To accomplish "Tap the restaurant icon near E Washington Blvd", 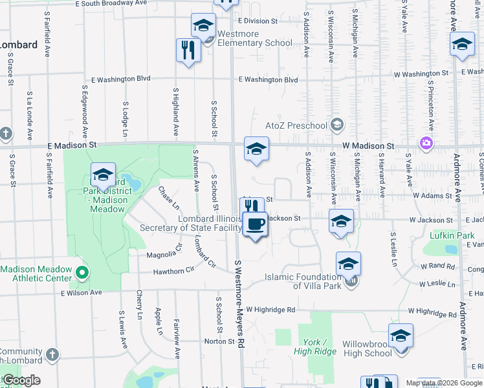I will (188, 50).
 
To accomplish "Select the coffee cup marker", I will (255, 224).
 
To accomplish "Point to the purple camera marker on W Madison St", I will (426, 143).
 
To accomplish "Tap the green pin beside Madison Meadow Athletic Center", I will (82, 273).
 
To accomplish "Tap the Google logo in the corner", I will (22, 380).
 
